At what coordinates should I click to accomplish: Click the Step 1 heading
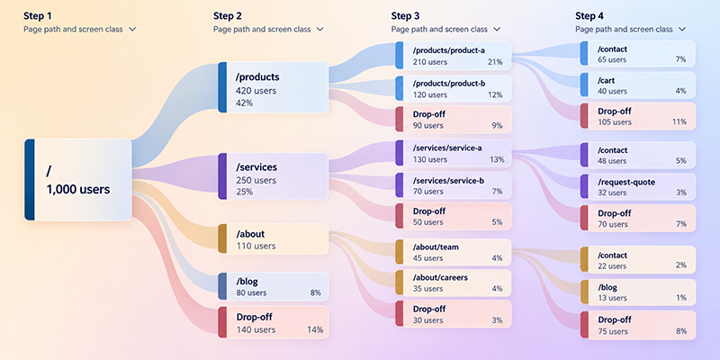[x=38, y=16]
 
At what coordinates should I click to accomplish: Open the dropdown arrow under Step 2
[x=320, y=29]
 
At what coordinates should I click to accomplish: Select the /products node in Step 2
[x=274, y=87]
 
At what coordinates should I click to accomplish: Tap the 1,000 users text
[x=78, y=189]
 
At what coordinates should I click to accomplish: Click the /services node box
[x=274, y=176]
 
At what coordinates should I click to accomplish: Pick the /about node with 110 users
[x=274, y=238]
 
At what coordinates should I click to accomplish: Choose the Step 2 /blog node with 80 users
[x=274, y=286]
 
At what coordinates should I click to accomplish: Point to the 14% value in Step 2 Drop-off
[x=315, y=329]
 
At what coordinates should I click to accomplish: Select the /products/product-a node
[x=454, y=56]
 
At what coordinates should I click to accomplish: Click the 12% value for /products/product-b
[x=495, y=95]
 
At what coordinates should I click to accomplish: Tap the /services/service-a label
[x=447, y=148]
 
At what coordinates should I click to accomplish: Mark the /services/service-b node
[x=454, y=185]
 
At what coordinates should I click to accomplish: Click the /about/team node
[x=454, y=252]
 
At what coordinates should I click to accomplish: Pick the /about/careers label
[x=440, y=278]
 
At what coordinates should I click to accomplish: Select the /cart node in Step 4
[x=638, y=85]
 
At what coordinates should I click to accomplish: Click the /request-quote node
[x=638, y=187]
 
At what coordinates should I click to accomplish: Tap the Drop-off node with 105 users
[x=638, y=116]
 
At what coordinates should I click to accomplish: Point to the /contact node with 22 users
[x=638, y=260]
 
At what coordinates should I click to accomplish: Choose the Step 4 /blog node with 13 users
[x=638, y=292]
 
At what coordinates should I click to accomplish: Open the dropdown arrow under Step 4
[x=682, y=29]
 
